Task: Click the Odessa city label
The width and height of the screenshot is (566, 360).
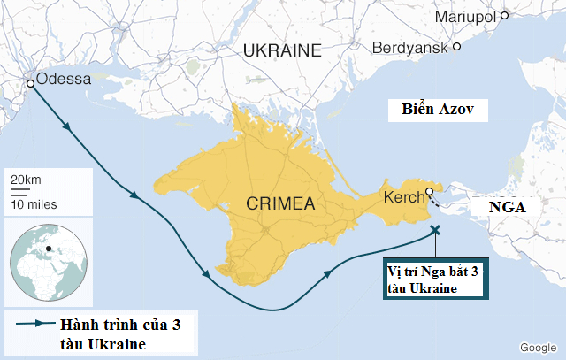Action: tap(64, 79)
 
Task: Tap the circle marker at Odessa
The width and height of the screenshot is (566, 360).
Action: tap(30, 83)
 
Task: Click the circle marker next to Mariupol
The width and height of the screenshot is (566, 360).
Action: tap(505, 15)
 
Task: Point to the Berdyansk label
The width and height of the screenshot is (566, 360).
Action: tap(409, 47)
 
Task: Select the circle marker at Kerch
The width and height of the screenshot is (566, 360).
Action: tap(429, 192)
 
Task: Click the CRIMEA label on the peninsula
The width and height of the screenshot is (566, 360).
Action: tap(281, 204)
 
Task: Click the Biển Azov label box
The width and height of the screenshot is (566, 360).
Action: tap(432, 111)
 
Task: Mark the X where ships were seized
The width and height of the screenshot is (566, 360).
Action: tap(434, 230)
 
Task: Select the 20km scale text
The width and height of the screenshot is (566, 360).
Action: tap(26, 180)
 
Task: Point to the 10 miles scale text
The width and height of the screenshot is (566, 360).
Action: tap(34, 204)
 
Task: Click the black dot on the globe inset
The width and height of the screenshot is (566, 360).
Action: tap(50, 247)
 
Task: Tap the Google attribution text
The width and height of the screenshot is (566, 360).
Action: tap(537, 347)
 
